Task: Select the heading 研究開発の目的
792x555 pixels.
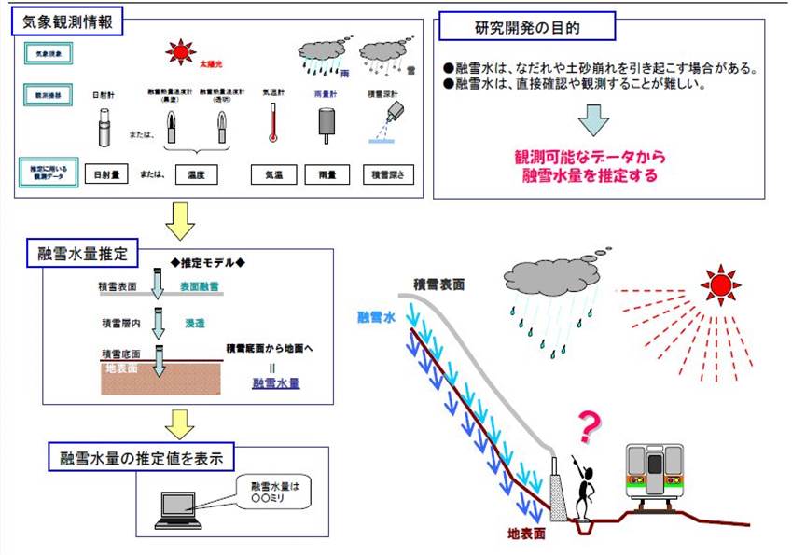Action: click(527, 27)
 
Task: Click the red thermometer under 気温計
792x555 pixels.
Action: click(272, 122)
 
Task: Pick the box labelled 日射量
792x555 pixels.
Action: click(108, 173)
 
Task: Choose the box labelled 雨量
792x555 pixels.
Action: click(327, 173)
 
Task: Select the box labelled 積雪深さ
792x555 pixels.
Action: click(387, 173)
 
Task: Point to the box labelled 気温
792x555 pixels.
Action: click(272, 173)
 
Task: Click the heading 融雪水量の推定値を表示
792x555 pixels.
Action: click(141, 458)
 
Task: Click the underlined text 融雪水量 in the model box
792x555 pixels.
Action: click(275, 382)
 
